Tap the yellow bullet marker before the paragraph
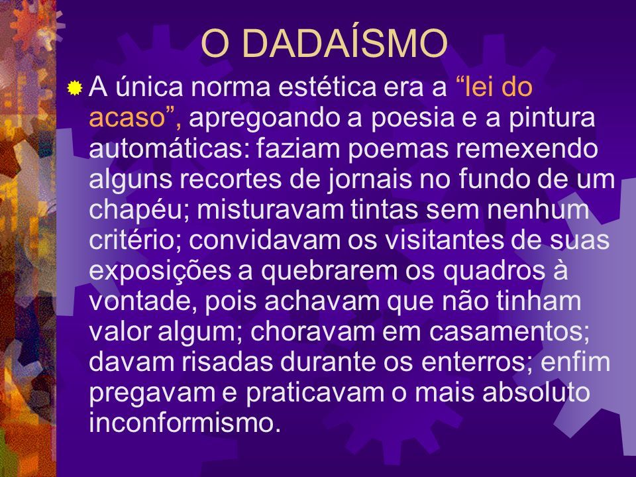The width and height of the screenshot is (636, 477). tap(75, 87)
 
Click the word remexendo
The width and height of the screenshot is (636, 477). tap(527, 148)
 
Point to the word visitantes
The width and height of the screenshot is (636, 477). tap(444, 240)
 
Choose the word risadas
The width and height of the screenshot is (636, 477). tap(227, 362)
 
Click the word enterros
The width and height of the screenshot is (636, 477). tap(472, 362)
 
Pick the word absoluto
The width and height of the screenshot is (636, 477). tap(536, 392)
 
